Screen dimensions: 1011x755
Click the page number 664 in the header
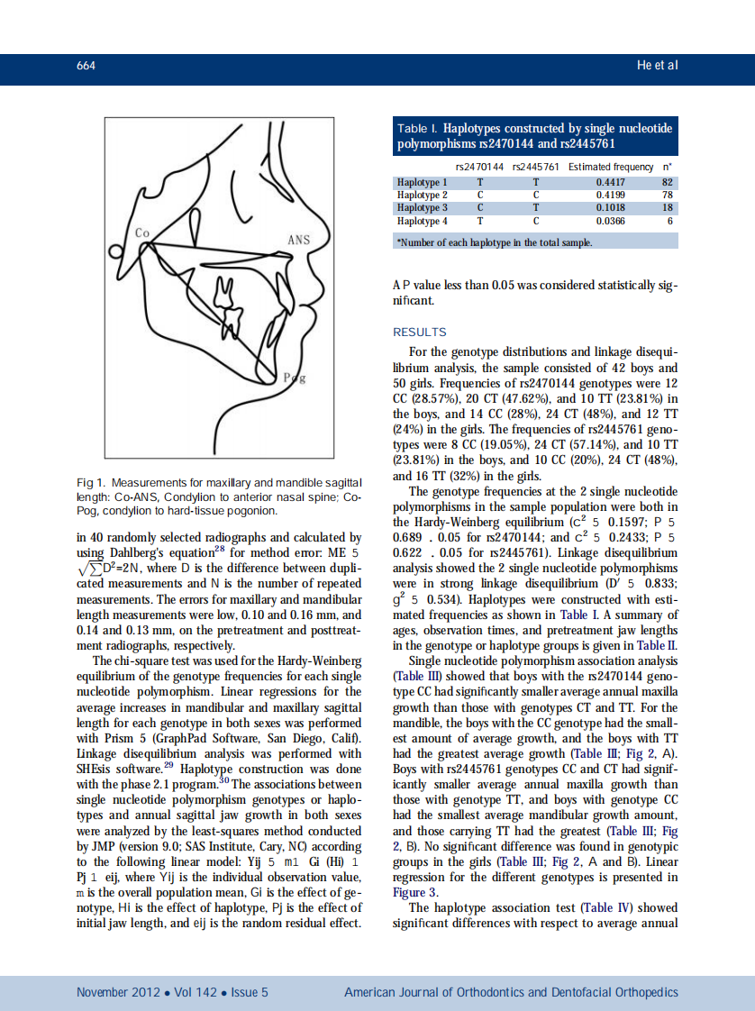point(86,66)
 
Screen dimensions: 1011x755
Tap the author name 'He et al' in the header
point(657,66)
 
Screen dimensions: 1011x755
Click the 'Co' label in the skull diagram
point(141,232)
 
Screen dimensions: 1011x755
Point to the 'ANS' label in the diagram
point(298,240)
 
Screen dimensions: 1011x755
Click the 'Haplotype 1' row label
point(423,183)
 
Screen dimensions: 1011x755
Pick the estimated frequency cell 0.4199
point(611,195)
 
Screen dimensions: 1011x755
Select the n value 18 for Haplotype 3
point(668,207)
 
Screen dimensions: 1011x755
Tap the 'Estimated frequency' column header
point(610,167)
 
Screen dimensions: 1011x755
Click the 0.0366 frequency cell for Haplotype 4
point(611,220)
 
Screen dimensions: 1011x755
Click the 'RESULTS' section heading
point(420,332)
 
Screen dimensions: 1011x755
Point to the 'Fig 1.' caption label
point(92,484)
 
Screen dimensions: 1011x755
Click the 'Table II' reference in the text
point(657,644)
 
